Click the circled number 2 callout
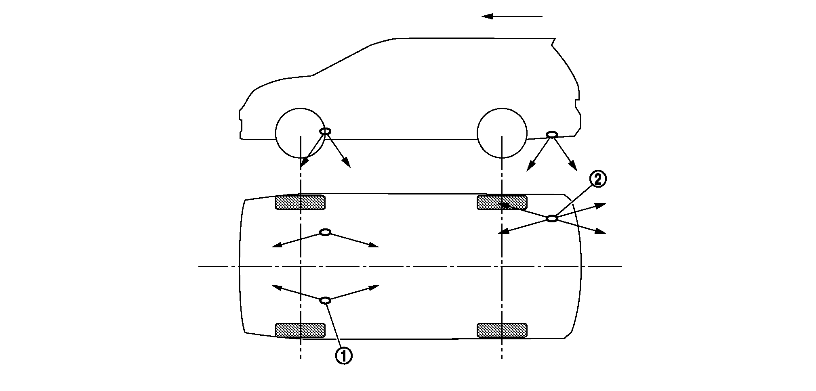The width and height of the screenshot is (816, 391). (x=597, y=179)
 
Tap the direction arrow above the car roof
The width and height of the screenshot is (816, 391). (x=511, y=16)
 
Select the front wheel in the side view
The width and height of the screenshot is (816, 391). (x=300, y=133)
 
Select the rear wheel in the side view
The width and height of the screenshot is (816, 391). (x=502, y=133)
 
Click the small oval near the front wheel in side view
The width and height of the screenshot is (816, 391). (x=325, y=131)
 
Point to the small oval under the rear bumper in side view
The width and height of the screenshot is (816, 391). (x=552, y=134)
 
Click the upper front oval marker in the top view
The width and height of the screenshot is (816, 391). (x=325, y=232)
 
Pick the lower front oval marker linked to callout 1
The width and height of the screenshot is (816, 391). (x=325, y=300)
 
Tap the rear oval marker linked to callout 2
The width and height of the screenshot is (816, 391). (x=552, y=218)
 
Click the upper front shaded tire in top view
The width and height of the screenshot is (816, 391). (x=300, y=203)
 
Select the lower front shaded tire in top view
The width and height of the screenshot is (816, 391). (x=300, y=330)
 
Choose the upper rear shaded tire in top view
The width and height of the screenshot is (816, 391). (x=502, y=203)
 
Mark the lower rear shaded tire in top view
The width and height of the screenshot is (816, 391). (x=502, y=330)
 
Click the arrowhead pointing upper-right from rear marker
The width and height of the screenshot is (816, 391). (x=602, y=205)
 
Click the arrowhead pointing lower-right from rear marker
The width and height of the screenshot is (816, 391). (x=602, y=232)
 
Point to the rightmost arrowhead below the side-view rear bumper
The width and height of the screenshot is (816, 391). (x=574, y=167)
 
